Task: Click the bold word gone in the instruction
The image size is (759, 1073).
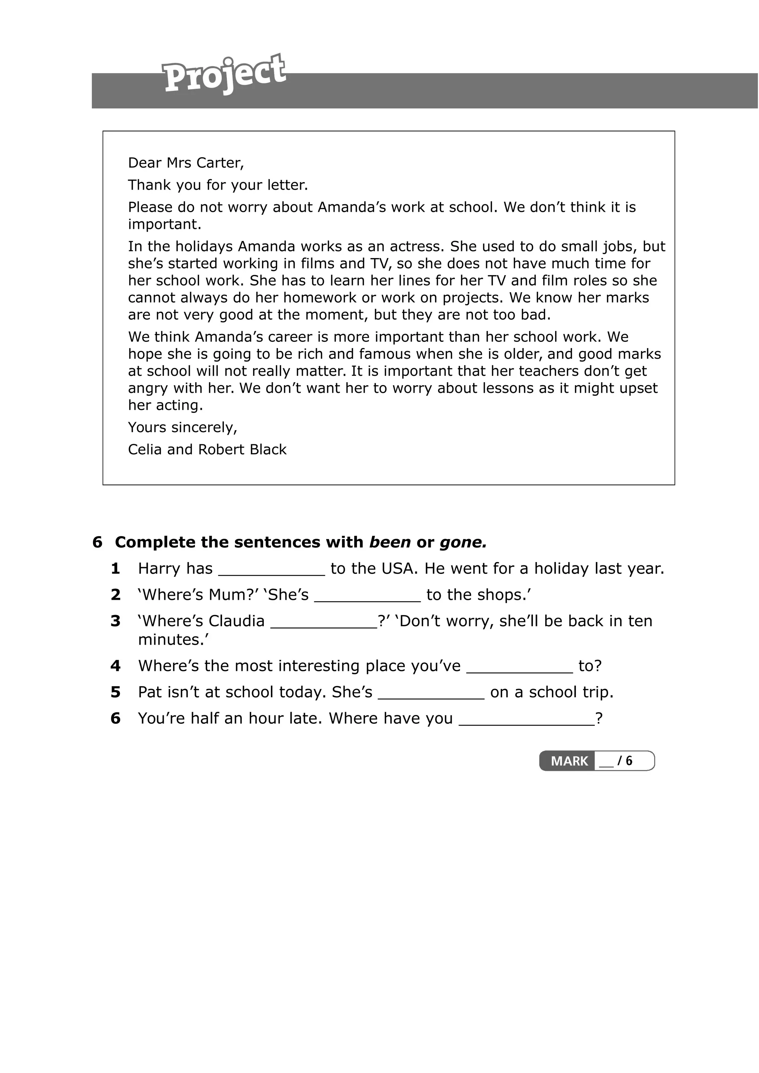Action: click(x=463, y=542)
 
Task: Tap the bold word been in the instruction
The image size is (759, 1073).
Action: click(x=390, y=542)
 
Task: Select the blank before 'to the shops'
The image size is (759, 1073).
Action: click(x=368, y=596)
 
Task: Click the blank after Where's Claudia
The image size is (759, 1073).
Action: click(x=324, y=622)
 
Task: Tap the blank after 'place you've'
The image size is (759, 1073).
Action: click(x=520, y=667)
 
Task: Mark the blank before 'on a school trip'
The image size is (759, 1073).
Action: click(x=431, y=693)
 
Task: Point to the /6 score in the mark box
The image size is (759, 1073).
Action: click(x=625, y=761)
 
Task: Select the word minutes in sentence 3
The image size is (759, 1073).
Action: click(x=173, y=639)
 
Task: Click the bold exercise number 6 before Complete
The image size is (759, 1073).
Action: click(x=97, y=542)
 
